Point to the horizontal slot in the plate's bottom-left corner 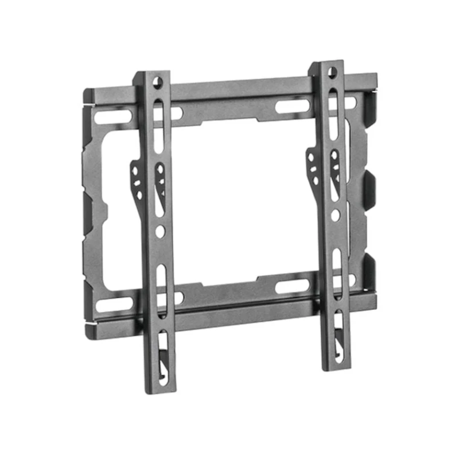pos(112,304)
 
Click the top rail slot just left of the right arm pos(293,106)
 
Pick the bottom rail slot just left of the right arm pos(292,286)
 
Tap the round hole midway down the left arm pos(161,231)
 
